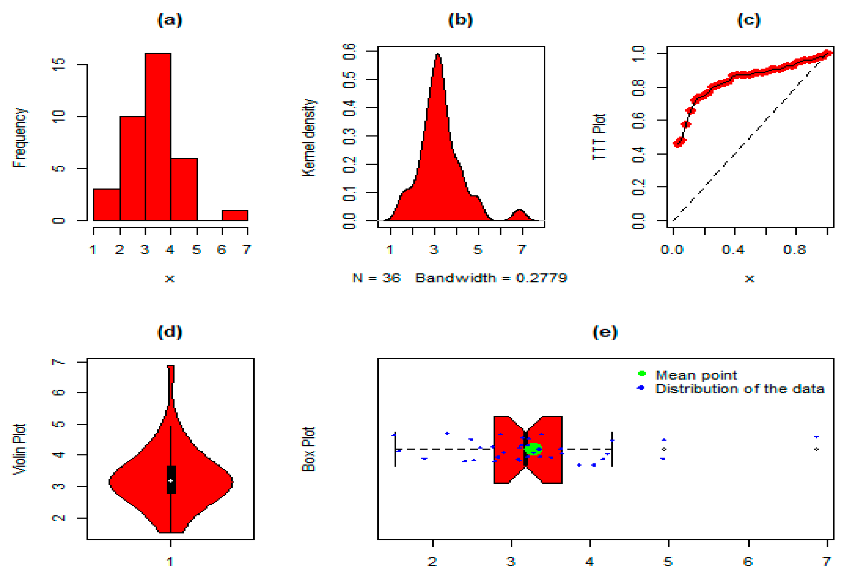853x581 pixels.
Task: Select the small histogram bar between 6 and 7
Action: pyautogui.click(x=235, y=215)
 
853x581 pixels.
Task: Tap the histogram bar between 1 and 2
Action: pyautogui.click(x=106, y=204)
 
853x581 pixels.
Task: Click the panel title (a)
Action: pyautogui.click(x=170, y=20)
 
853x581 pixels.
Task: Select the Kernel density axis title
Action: pyautogui.click(x=308, y=138)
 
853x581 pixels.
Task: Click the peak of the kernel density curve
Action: pyautogui.click(x=437, y=55)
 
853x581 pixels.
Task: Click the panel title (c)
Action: pyautogui.click(x=749, y=20)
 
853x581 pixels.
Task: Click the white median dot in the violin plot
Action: pyautogui.click(x=171, y=480)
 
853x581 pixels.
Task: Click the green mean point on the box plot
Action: pyautogui.click(x=533, y=449)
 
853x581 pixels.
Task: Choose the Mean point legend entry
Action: pyautogui.click(x=696, y=375)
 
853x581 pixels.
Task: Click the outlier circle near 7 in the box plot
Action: pyautogui.click(x=817, y=449)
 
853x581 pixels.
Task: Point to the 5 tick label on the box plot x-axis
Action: pyautogui.click(x=668, y=562)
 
